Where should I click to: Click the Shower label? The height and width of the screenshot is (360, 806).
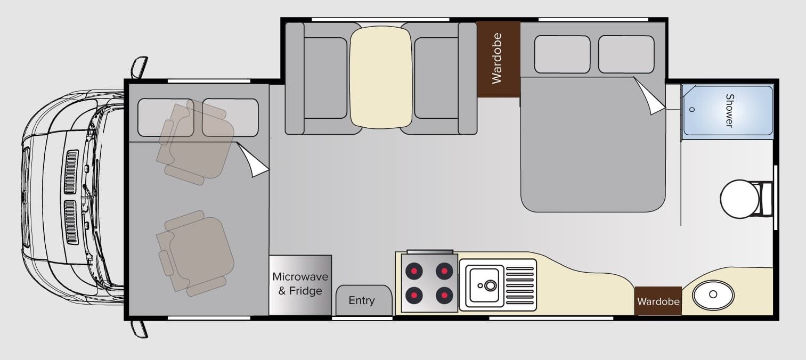click(x=729, y=110)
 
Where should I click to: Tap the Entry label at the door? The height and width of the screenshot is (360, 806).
click(x=362, y=300)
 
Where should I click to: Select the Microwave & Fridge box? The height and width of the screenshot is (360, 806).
click(x=300, y=285)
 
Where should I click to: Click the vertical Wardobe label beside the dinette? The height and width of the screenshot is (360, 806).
click(x=496, y=59)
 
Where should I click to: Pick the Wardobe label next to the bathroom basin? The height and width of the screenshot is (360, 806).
click(x=658, y=301)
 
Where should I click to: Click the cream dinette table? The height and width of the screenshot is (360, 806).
click(x=381, y=77)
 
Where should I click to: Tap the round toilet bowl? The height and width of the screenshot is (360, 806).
click(x=739, y=199)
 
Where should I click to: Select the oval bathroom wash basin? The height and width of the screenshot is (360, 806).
click(x=713, y=295)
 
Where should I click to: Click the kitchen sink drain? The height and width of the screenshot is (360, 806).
click(x=490, y=285)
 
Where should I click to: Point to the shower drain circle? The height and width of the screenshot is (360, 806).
click(x=691, y=110)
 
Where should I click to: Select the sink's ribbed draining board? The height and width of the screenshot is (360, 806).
click(x=519, y=285)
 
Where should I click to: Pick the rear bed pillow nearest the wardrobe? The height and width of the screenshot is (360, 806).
click(x=562, y=54)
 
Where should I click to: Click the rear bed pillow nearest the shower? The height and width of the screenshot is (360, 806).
click(x=626, y=54)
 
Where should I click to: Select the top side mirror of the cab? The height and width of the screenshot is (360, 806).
click(x=139, y=67)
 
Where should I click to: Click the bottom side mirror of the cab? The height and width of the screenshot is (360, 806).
click(x=139, y=329)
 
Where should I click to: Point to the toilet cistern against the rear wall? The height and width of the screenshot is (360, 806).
click(x=767, y=199)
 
